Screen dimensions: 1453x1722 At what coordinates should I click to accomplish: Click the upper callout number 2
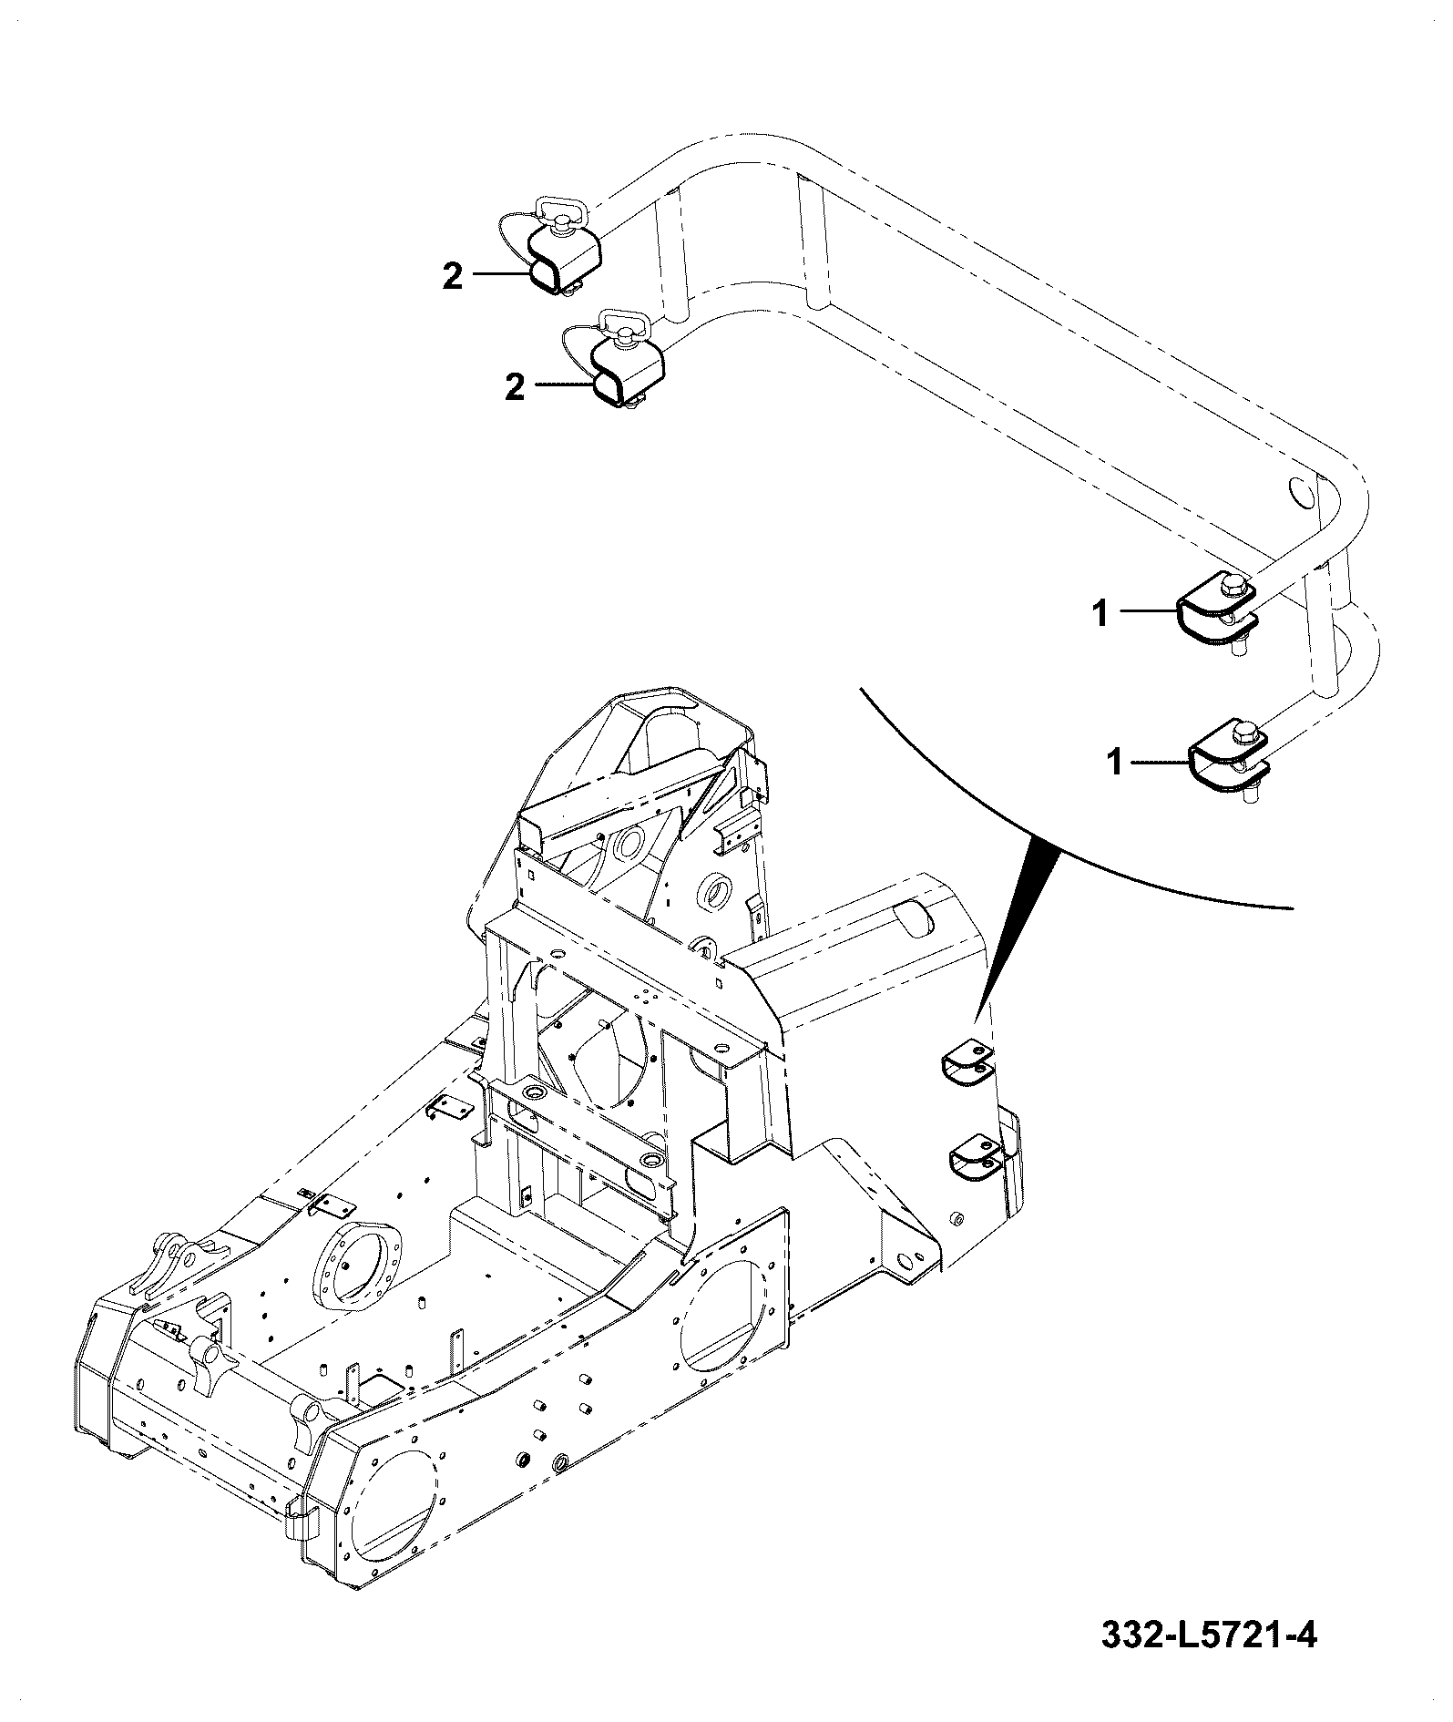pyautogui.click(x=453, y=276)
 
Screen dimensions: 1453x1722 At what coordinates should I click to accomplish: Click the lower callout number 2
pyautogui.click(x=516, y=389)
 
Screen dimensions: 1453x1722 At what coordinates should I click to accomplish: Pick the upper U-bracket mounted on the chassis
pyautogui.click(x=967, y=1064)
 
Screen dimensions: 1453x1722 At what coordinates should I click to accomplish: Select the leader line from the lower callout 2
pyautogui.click(x=564, y=385)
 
